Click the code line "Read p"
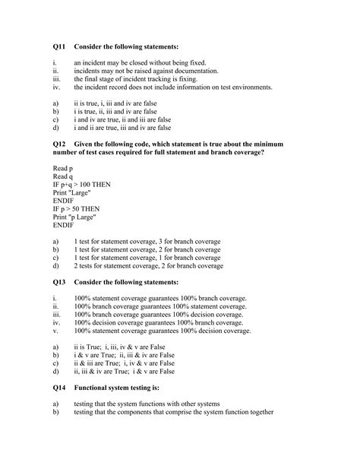click(x=63, y=168)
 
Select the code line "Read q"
click(x=63, y=177)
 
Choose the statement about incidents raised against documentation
click(x=145, y=71)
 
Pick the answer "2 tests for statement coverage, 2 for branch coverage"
click(x=149, y=267)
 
